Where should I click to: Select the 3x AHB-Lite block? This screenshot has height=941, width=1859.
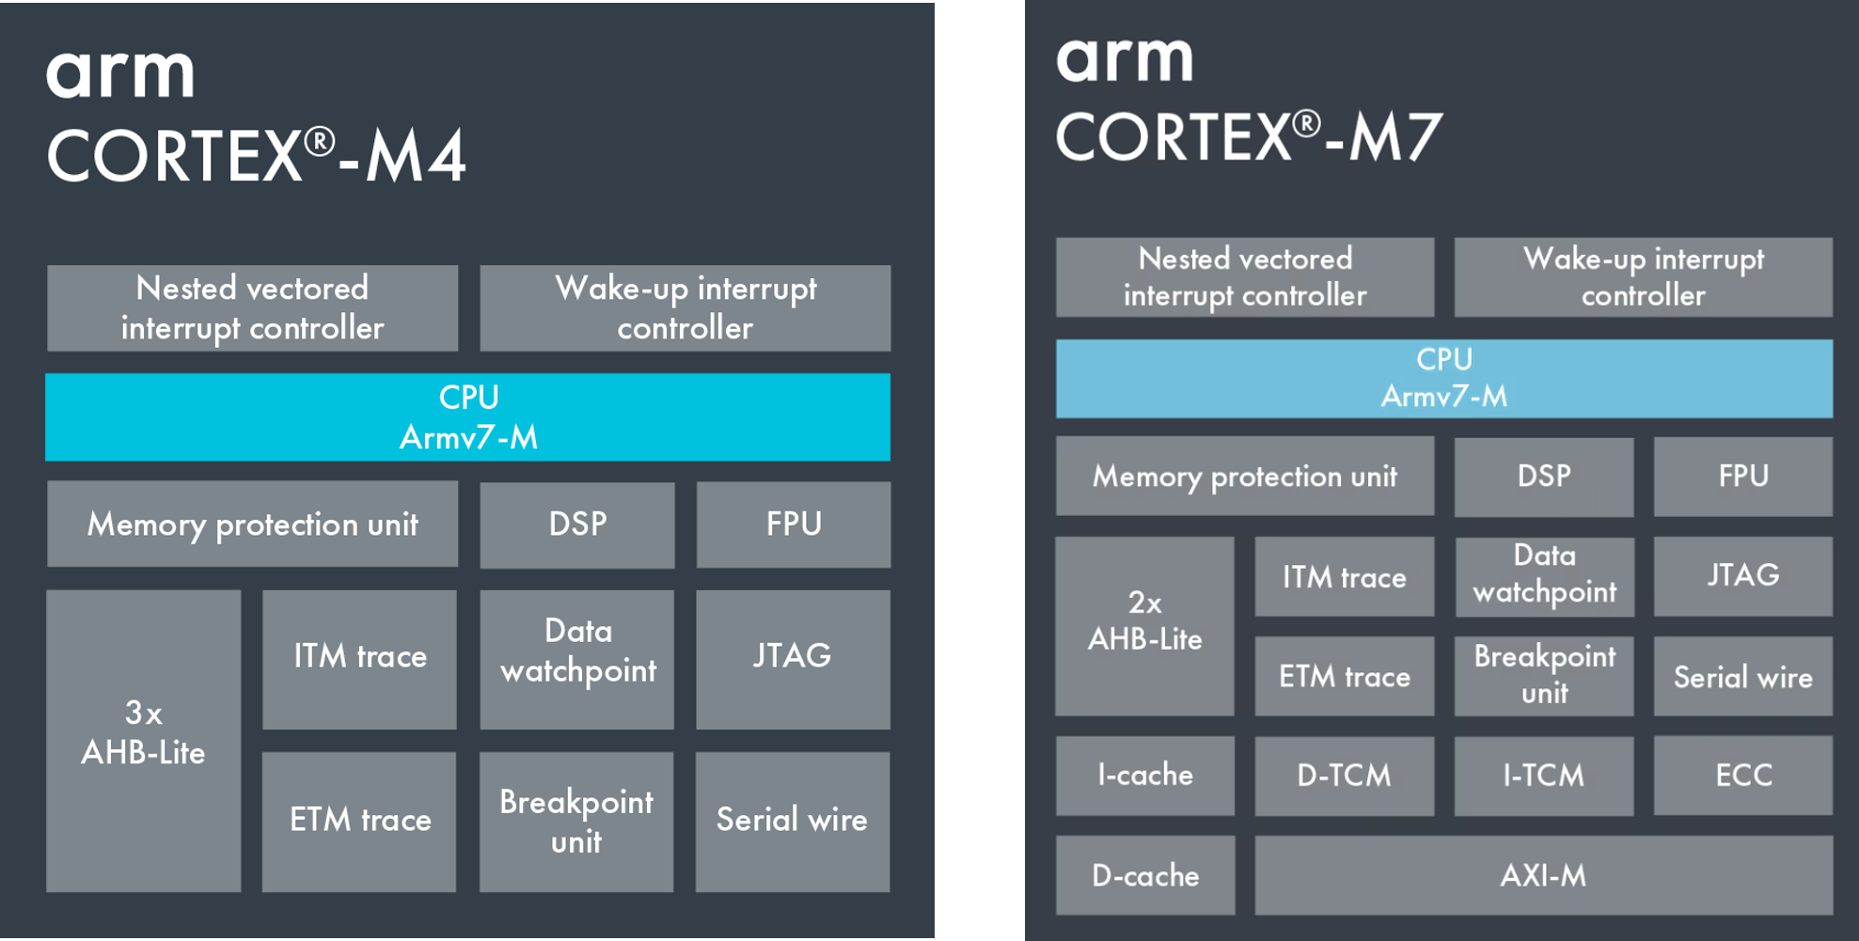click(x=143, y=741)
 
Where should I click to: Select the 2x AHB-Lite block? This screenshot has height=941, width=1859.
click(x=1144, y=625)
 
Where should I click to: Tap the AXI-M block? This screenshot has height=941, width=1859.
click(x=1543, y=875)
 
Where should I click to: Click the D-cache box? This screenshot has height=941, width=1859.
click(x=1144, y=875)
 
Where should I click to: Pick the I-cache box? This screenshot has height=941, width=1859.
click(x=1144, y=775)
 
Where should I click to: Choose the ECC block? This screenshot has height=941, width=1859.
click(x=1742, y=775)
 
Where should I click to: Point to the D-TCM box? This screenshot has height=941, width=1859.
click(x=1344, y=775)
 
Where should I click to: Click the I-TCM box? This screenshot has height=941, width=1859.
click(x=1543, y=775)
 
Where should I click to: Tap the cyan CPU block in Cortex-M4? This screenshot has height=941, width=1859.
click(x=467, y=416)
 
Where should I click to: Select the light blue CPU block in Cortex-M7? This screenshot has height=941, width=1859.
click(x=1443, y=378)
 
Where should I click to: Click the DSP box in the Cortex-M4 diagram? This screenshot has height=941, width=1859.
click(x=576, y=524)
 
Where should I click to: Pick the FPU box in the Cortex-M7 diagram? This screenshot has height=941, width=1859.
click(x=1742, y=476)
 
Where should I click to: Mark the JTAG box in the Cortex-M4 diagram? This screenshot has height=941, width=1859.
click(x=793, y=658)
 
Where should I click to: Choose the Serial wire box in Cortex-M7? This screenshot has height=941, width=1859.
click(x=1742, y=676)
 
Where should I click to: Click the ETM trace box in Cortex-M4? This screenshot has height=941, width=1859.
click(x=359, y=821)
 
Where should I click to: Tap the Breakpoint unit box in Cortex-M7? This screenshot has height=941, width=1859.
click(x=1544, y=675)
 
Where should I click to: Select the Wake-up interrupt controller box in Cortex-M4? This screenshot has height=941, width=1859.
click(x=685, y=307)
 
